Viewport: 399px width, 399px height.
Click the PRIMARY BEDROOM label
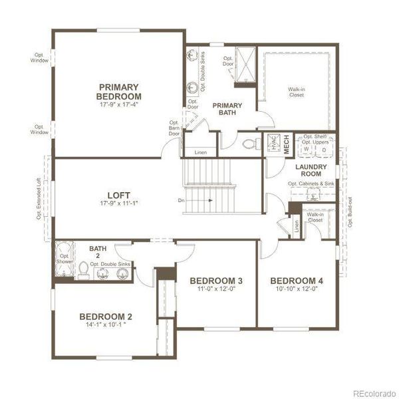point(118,91)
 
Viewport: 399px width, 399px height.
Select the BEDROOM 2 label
point(106,316)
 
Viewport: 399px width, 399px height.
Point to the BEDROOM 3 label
point(215,280)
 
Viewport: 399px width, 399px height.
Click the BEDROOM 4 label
point(297,280)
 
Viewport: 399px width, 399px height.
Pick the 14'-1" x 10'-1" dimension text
point(106,326)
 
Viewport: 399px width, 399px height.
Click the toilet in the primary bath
point(251,144)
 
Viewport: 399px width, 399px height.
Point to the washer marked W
point(307,150)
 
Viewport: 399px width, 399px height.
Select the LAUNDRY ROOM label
point(311,170)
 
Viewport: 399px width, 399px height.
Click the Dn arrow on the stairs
point(199,199)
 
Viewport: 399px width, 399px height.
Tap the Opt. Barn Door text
point(174,128)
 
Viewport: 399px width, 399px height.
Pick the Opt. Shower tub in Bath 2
point(64,261)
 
